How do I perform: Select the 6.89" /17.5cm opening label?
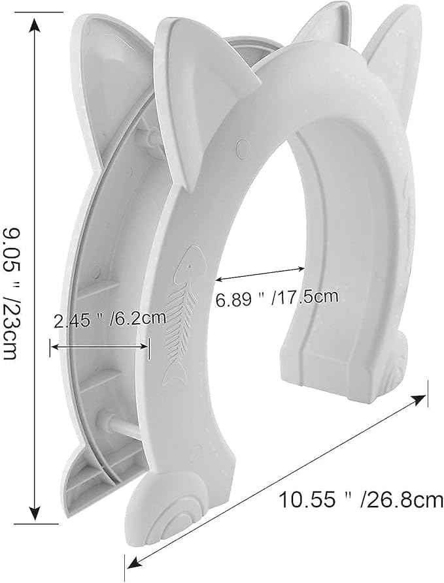[x=277, y=298]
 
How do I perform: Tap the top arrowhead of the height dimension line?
[x=35, y=26]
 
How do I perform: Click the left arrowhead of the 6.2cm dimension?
[x=55, y=347]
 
